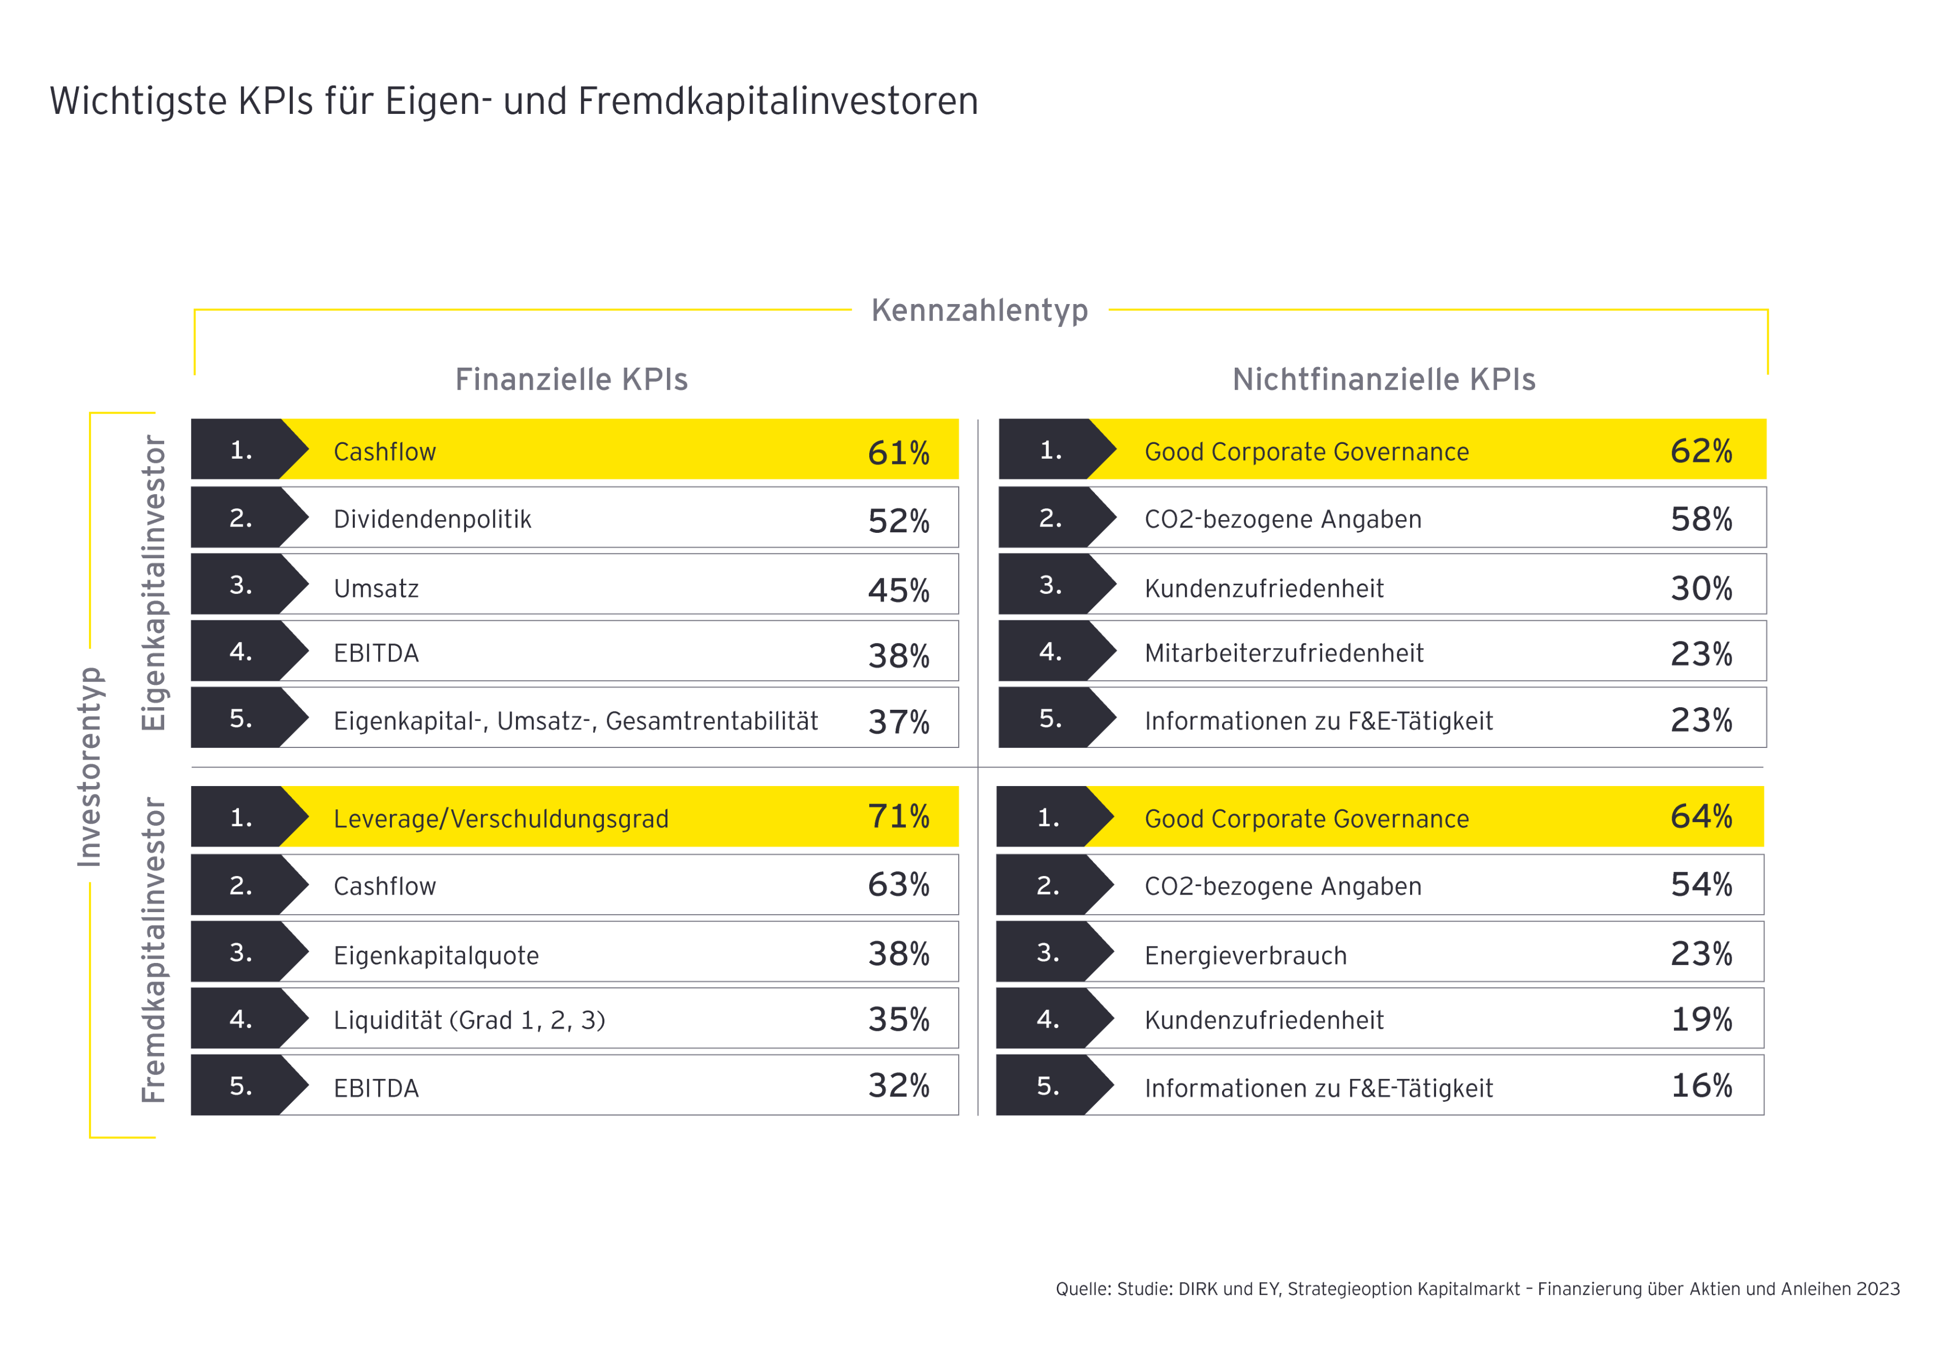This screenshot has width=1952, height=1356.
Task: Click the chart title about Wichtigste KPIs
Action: pyautogui.click(x=513, y=101)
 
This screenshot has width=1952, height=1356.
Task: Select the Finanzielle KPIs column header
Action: pyautogui.click(x=571, y=379)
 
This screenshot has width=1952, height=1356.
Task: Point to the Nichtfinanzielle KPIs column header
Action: pyautogui.click(x=1383, y=379)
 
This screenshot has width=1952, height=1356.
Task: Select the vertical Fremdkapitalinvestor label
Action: pyautogui.click(x=154, y=949)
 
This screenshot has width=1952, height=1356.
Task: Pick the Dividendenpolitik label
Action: pyautogui.click(x=432, y=519)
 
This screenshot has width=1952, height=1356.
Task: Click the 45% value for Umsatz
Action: pyautogui.click(x=898, y=590)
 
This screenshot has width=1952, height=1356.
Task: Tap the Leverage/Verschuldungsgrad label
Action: pyautogui.click(x=501, y=818)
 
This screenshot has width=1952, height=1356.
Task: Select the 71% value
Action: pyautogui.click(x=898, y=816)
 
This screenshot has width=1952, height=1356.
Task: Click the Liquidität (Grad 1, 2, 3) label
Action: pyautogui.click(x=469, y=1020)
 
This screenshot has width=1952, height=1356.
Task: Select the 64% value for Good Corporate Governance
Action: pyautogui.click(x=1700, y=816)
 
